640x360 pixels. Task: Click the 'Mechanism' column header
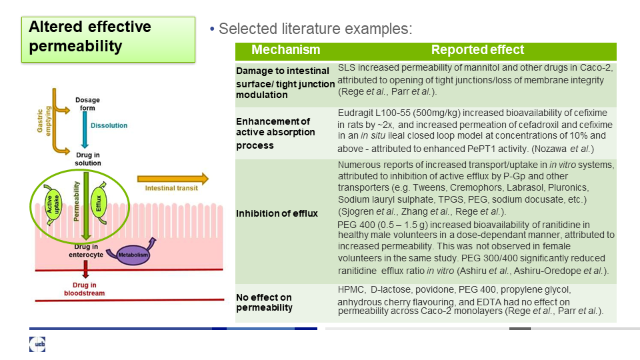pyautogui.click(x=286, y=50)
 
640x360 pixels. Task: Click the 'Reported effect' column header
pyautogui.click(x=477, y=50)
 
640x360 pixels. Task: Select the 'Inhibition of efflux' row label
pyautogui.click(x=277, y=213)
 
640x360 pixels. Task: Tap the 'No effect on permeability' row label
pyautogui.click(x=265, y=303)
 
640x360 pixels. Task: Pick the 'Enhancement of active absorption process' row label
pyautogui.click(x=275, y=133)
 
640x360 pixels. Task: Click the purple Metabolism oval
pyautogui.click(x=133, y=255)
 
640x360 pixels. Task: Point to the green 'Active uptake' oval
pyautogui.click(x=53, y=204)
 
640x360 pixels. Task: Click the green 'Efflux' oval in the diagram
pyautogui.click(x=99, y=203)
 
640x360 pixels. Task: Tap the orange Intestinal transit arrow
pyautogui.click(x=173, y=179)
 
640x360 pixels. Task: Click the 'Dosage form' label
pyautogui.click(x=87, y=104)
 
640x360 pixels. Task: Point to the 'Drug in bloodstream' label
pyautogui.click(x=84, y=289)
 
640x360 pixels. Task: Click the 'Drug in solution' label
pyautogui.click(x=88, y=159)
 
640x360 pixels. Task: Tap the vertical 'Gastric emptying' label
pyautogui.click(x=44, y=121)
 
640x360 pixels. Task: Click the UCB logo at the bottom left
pyautogui.click(x=37, y=345)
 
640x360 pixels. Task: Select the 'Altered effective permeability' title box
pyautogui.click(x=108, y=39)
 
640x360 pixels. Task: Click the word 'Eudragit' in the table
pyautogui.click(x=354, y=113)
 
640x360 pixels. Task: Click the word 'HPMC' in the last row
pyautogui.click(x=351, y=290)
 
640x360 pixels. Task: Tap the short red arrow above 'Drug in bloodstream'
pyautogui.click(x=85, y=269)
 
